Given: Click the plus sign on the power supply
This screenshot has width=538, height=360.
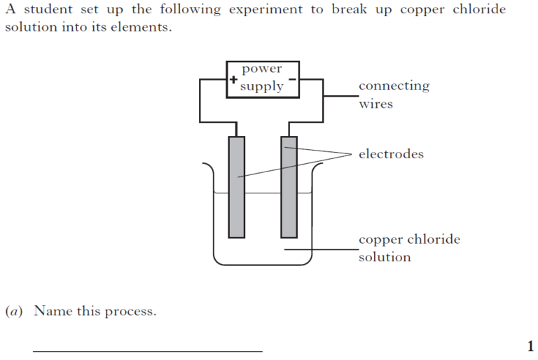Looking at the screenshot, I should point(233,80).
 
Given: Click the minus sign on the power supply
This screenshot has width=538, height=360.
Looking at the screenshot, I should point(293,79).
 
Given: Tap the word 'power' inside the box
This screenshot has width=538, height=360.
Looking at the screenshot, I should point(261,69).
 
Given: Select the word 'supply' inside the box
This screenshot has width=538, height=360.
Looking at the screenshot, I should point(261,87).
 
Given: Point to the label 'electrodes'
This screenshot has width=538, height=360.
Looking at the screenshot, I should point(391,154).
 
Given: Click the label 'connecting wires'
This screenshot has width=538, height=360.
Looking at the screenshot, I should point(394,95).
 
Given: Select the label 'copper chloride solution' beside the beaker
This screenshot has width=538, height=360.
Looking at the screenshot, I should point(409,248).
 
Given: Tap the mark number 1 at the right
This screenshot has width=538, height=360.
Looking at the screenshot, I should point(530,345).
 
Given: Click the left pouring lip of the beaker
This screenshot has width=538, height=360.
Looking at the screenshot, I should point(207,167).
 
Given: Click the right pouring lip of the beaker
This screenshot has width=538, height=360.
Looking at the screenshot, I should point(317,167).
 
